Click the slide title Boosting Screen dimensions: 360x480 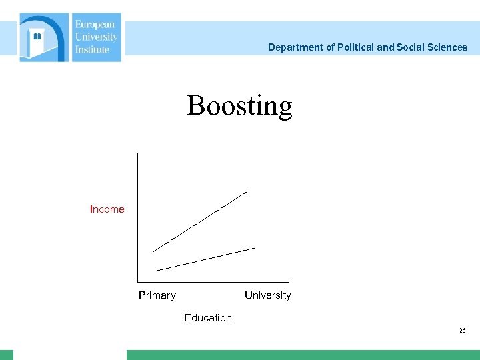pos(239,106)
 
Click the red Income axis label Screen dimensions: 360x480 pos(107,209)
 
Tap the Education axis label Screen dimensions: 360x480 pos(208,318)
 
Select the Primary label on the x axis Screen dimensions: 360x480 pos(157,295)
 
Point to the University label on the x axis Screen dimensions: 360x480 pos(267,295)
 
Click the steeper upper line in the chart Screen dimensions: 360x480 pos(200,221)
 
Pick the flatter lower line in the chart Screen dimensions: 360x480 pos(206,259)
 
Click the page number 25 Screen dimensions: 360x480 pos(463,331)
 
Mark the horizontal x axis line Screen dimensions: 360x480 pos(213,282)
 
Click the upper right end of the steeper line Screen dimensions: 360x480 pos(246,192)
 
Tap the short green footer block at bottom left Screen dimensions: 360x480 pos(7,355)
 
